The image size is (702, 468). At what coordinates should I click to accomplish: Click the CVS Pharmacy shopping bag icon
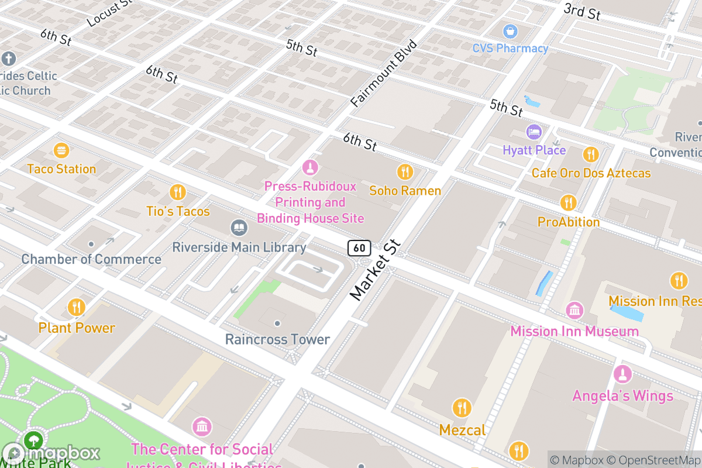[x=511, y=30]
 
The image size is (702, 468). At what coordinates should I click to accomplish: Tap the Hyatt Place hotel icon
[x=534, y=132]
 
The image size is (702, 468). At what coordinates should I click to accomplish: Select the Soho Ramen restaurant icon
[x=405, y=172]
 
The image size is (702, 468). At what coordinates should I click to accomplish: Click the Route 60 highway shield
[x=359, y=248]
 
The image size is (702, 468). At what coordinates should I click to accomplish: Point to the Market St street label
[x=375, y=270]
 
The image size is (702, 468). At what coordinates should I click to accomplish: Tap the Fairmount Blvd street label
[x=384, y=74]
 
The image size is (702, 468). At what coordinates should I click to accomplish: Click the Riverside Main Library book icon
[x=239, y=228]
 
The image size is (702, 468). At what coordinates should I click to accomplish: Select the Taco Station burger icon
[x=61, y=151]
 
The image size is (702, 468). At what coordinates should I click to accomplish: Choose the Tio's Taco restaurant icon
[x=177, y=192]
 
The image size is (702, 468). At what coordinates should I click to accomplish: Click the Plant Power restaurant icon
[x=76, y=307]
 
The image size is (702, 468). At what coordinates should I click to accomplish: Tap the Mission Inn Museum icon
[x=574, y=310]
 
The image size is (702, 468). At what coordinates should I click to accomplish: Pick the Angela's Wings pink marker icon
[x=622, y=374]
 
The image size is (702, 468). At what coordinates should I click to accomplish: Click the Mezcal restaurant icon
[x=462, y=407]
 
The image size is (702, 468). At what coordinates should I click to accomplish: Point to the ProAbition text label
[x=569, y=222]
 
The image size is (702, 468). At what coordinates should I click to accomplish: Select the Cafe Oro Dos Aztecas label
[x=591, y=173]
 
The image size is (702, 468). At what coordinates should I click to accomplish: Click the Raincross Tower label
[x=277, y=339]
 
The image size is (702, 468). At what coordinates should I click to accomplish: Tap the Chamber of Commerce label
[x=91, y=259]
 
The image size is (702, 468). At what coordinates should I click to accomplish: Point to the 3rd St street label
[x=582, y=11]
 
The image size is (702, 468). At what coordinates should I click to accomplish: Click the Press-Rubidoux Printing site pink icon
[x=310, y=168]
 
